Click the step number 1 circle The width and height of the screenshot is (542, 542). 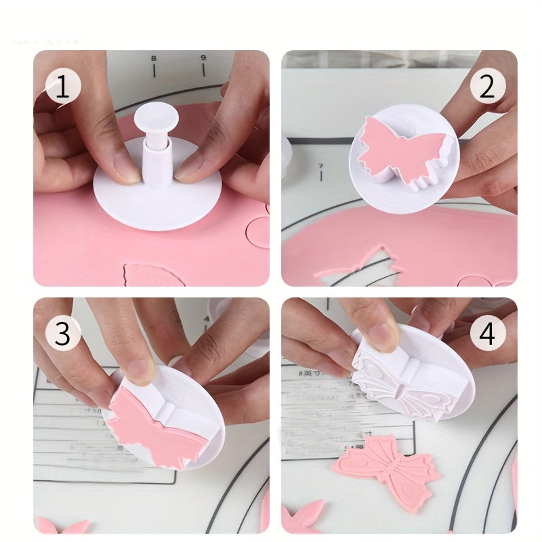(x=63, y=87)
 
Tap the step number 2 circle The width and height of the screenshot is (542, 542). (x=488, y=87)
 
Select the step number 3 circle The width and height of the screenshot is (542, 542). (x=63, y=333)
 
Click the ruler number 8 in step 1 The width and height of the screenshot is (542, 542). (x=154, y=60)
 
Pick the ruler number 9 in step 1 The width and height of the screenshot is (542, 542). (x=203, y=58)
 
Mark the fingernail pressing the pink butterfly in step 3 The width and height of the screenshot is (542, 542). (x=140, y=371)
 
